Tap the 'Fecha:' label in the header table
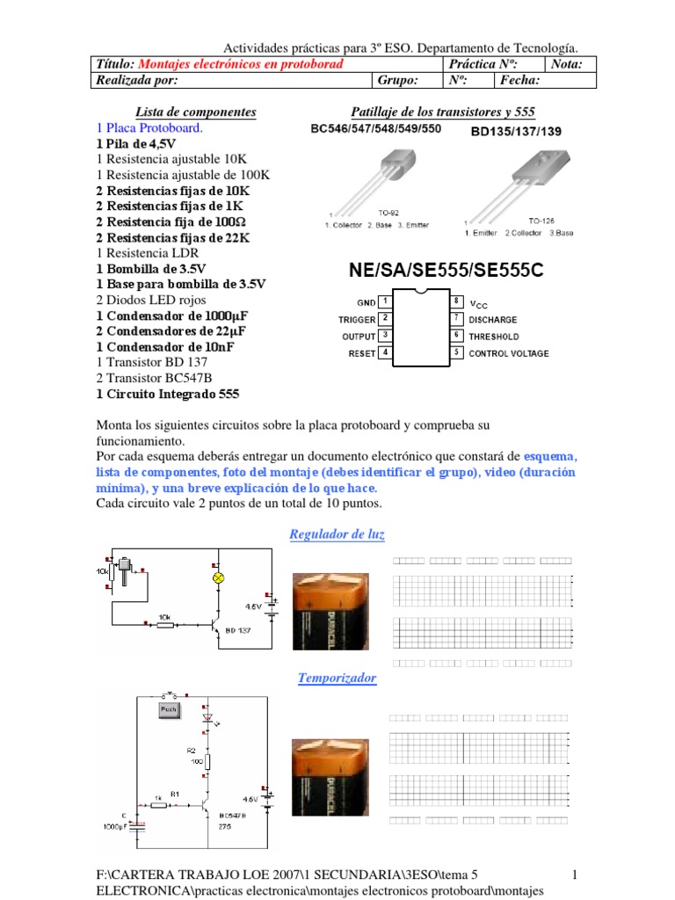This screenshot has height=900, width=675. (x=520, y=81)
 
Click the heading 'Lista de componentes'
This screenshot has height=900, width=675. (x=195, y=112)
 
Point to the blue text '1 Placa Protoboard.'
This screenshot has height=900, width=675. (x=149, y=127)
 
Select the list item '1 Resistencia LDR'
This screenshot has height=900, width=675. (x=154, y=253)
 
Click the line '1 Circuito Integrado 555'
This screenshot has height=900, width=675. (x=167, y=394)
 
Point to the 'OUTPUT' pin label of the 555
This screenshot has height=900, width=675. (x=359, y=337)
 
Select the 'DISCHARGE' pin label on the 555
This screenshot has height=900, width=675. (x=493, y=320)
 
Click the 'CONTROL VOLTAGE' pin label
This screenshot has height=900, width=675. (x=509, y=353)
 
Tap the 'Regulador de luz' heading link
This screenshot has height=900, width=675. (x=337, y=534)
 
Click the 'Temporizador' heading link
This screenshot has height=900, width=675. (x=337, y=678)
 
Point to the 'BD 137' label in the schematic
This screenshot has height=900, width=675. (x=238, y=630)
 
